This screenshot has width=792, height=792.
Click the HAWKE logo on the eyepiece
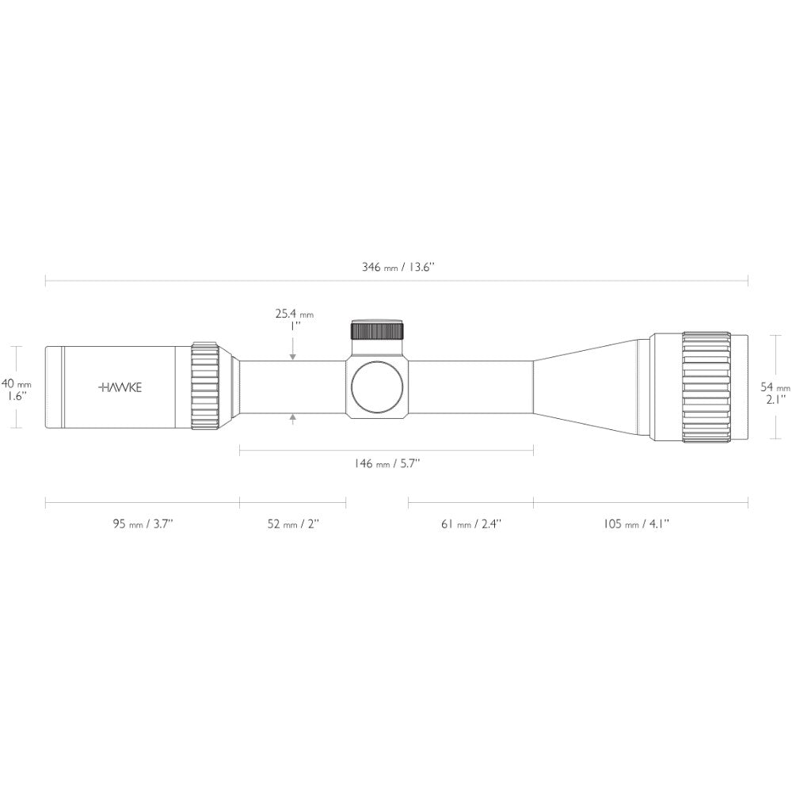point(120,387)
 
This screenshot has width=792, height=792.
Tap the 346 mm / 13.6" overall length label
point(398,267)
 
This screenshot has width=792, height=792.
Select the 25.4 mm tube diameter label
point(295,314)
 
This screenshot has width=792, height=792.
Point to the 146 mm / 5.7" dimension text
point(387,463)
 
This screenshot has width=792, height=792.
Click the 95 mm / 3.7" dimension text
point(143,524)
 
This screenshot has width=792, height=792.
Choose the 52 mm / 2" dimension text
point(293,524)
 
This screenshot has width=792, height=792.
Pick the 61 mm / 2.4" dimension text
point(471,524)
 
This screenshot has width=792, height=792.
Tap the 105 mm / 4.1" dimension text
point(637,524)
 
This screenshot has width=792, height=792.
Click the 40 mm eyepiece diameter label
point(17,384)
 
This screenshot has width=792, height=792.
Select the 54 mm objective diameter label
point(775,387)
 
